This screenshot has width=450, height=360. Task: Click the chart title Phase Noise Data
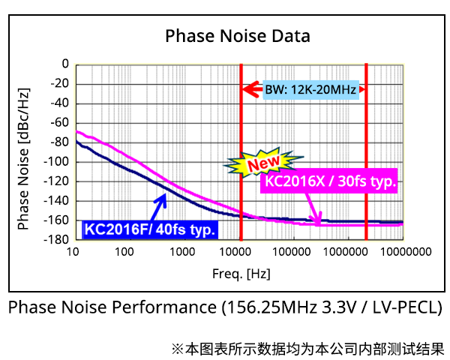point(237,36)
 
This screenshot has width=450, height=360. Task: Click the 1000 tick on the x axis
point(183,253)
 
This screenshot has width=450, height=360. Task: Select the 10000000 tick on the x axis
point(402,253)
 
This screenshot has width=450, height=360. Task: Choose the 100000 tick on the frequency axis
point(292,253)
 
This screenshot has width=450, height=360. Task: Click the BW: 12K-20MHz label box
point(310,90)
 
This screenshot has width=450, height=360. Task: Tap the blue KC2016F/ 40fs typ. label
point(150,229)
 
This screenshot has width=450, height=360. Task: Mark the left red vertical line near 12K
point(241,150)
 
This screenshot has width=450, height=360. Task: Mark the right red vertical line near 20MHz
point(366,150)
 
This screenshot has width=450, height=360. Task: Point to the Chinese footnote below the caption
point(307,349)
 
